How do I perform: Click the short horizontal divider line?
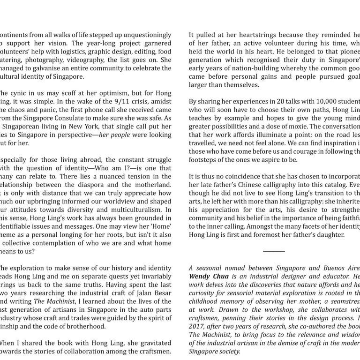pyautogui.click(x=274, y=251)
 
